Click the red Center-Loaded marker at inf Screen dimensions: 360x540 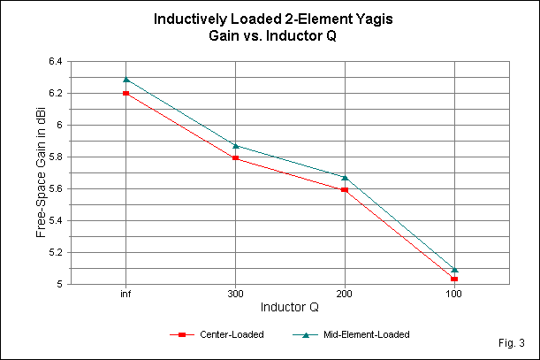point(126,93)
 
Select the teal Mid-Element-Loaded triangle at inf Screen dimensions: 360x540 point(126,80)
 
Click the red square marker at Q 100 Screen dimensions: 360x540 point(454,279)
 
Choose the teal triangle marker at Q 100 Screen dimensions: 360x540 point(454,269)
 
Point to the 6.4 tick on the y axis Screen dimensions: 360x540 point(56,61)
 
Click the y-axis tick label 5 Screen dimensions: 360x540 point(60,284)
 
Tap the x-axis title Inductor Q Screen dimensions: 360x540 point(290,307)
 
